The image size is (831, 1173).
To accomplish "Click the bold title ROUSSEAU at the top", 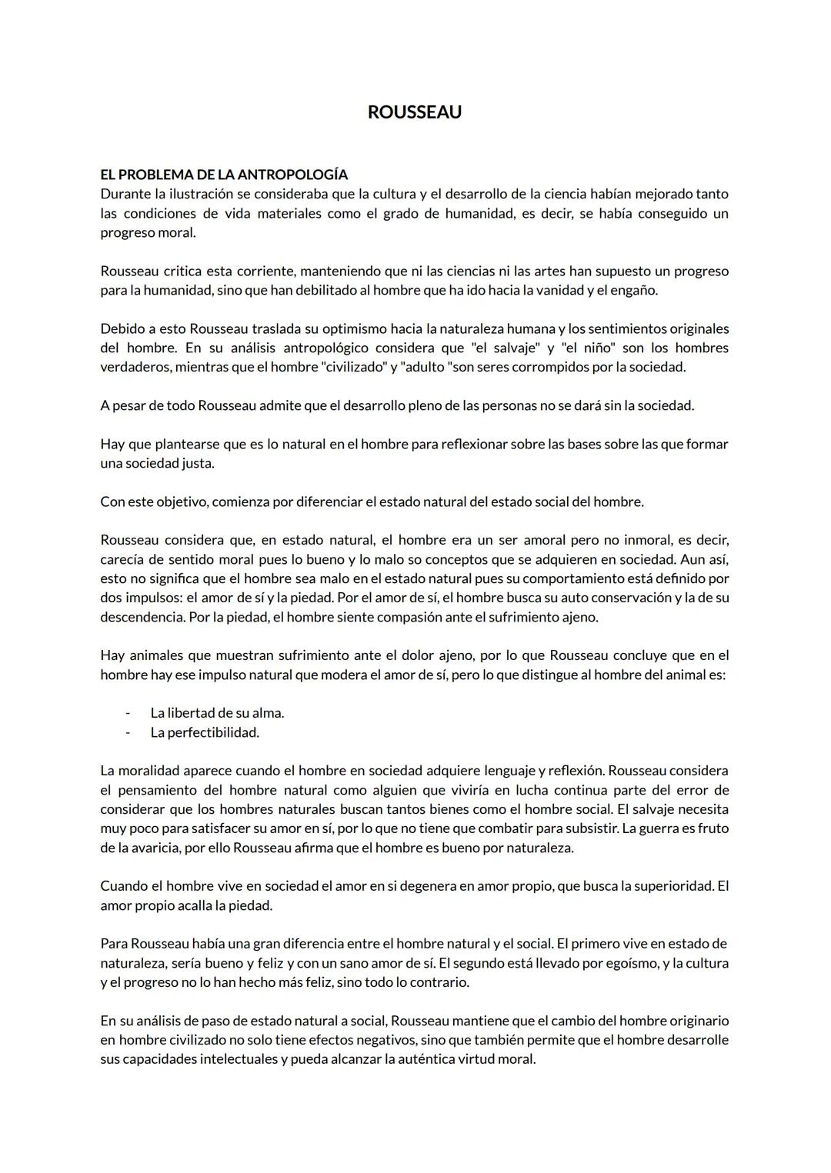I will (414, 112).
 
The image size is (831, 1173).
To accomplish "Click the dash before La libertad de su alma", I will (128, 713).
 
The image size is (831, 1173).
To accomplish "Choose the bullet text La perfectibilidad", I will (205, 732).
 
